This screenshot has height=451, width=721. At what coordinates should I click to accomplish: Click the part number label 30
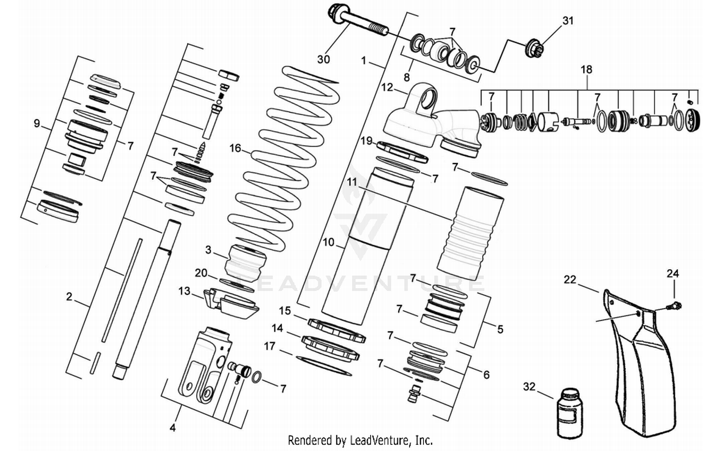[323, 59]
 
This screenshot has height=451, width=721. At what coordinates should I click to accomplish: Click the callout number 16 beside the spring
[235, 148]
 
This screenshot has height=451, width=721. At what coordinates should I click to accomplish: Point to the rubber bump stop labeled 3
[246, 261]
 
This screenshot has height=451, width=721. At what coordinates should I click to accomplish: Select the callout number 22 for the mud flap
[570, 279]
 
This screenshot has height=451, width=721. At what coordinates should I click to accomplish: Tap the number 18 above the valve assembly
[586, 69]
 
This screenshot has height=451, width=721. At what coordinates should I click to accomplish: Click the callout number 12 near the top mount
[387, 88]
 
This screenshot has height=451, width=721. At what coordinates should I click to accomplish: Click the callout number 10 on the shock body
[328, 242]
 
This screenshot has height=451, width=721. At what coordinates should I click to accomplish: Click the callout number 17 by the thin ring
[270, 346]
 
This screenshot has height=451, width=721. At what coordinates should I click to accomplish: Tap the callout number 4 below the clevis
[173, 427]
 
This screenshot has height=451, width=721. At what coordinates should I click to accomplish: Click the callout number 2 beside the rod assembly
[69, 297]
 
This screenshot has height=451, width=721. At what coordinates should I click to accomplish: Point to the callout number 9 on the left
[37, 124]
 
